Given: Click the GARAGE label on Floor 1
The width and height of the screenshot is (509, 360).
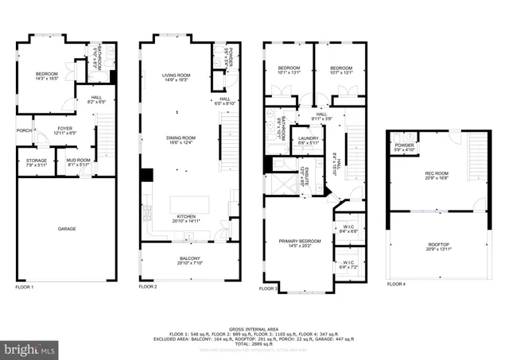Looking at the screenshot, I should pyautogui.click(x=66, y=229).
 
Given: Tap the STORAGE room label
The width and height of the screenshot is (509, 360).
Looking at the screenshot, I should pyautogui.click(x=36, y=162).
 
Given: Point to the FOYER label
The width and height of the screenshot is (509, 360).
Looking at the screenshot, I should pyautogui.click(x=65, y=130).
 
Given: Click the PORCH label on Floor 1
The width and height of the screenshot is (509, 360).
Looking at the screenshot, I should pyautogui.click(x=24, y=131).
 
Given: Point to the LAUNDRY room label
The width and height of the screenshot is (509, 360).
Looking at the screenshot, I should pyautogui.click(x=309, y=141).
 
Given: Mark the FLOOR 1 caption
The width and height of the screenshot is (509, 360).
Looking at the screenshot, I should pyautogui.click(x=25, y=286).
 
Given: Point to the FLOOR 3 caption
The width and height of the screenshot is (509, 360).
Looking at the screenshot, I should pyautogui.click(x=270, y=289).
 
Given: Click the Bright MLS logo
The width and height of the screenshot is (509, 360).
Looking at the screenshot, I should pyautogui.click(x=29, y=348).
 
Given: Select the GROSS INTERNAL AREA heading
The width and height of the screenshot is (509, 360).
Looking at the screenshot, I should pyautogui.click(x=254, y=328).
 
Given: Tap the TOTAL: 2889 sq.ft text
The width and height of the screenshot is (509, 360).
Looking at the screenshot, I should pyautogui.click(x=254, y=343).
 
